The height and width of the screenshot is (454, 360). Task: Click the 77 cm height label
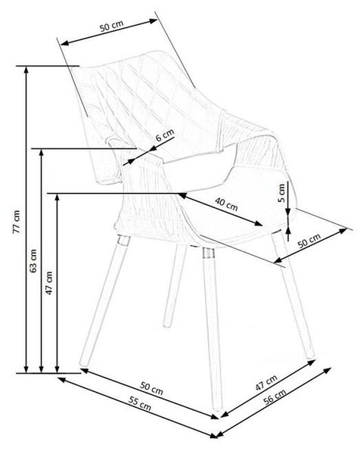[17, 222]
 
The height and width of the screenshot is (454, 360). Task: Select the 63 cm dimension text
[33, 260]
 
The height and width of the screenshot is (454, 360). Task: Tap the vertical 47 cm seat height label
[49, 283]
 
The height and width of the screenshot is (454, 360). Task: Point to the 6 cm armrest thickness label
[165, 135]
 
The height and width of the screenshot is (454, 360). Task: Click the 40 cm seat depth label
[226, 204]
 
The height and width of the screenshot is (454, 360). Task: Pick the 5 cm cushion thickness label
[281, 193]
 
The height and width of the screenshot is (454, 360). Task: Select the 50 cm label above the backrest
[112, 26]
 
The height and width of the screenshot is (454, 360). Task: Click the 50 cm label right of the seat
[309, 241]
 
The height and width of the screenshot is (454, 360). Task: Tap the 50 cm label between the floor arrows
[152, 388]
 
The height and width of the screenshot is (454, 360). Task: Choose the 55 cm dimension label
[140, 403]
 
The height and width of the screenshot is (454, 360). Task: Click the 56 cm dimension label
[275, 396]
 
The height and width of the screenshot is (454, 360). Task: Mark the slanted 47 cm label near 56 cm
[266, 383]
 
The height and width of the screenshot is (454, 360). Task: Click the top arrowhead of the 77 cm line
[26, 69]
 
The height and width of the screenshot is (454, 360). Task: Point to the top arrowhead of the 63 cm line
[42, 152]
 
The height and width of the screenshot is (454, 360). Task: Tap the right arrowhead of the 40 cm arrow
[259, 223]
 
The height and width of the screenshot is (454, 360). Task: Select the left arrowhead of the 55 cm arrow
[62, 379]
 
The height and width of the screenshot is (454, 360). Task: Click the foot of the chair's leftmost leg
[84, 362]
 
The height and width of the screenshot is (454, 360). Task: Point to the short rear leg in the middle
[174, 287]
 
